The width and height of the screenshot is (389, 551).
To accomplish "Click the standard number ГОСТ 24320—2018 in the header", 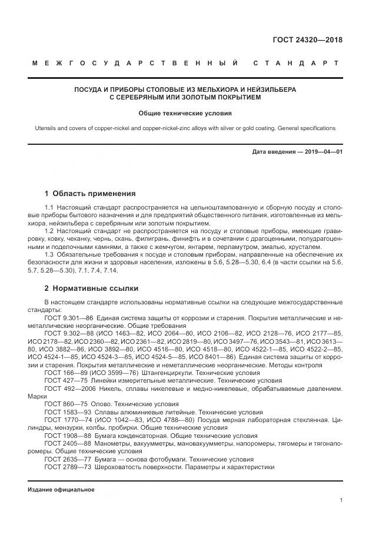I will [x=307, y=41].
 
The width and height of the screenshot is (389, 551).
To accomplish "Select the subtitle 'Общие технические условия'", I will [x=185, y=112].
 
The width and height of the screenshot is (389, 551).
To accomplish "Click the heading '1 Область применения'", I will [x=90, y=194].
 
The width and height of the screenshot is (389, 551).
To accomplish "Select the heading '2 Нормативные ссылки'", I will [x=91, y=288].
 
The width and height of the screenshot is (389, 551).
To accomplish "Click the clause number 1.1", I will [x=49, y=208].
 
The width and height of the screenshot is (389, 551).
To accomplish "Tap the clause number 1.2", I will [x=49, y=231].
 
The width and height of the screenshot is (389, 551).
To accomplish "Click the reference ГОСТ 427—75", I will [x=62, y=381].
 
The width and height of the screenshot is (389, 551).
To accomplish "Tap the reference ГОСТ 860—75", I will [x=62, y=404].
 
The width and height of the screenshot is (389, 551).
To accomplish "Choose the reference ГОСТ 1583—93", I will [x=65, y=412].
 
